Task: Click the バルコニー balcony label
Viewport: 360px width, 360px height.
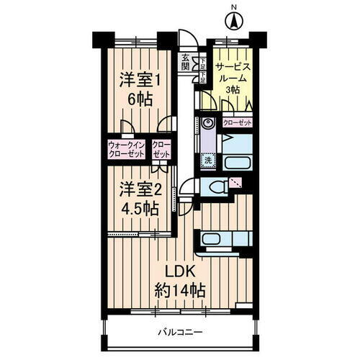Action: click(x=179, y=333)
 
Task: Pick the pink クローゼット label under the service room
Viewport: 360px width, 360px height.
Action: click(x=238, y=123)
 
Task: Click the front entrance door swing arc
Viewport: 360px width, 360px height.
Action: click(x=186, y=42)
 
